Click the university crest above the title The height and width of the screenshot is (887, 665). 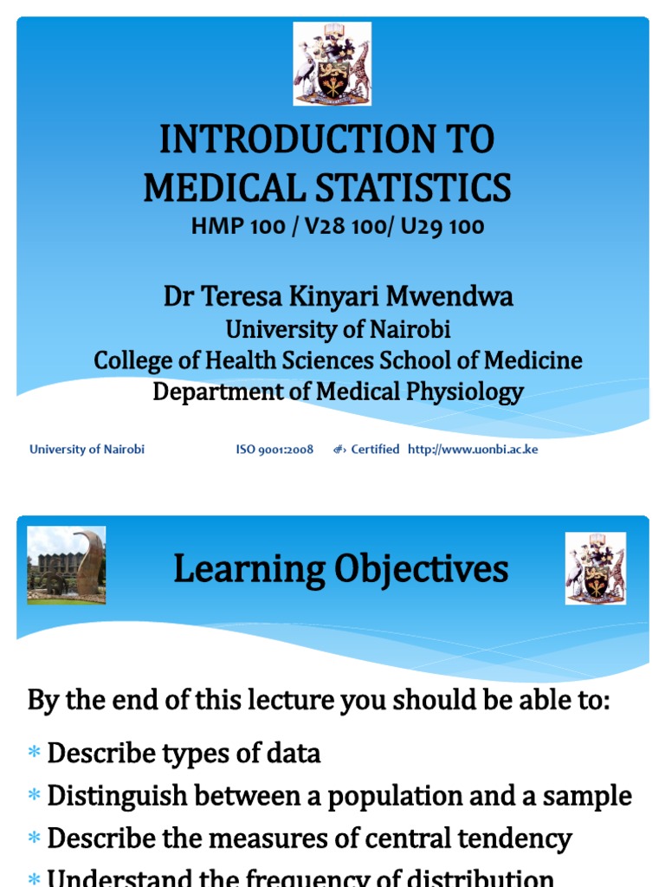point(332,64)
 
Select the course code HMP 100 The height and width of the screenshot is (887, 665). point(237,227)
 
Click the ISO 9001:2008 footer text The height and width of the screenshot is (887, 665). point(274,450)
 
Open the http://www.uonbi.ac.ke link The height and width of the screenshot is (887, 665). point(473,450)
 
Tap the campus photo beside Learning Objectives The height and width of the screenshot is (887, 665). point(67,565)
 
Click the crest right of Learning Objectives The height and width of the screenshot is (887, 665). point(595,568)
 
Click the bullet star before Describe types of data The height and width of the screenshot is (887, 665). point(35,754)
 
